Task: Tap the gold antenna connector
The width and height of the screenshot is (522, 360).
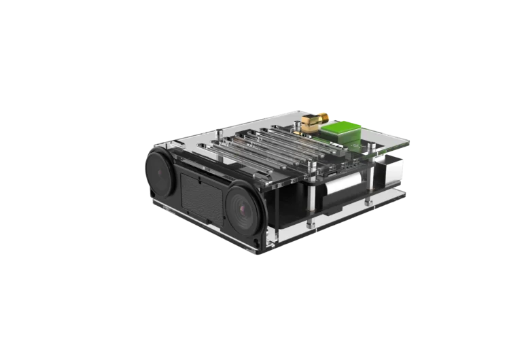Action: coord(309,124)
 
